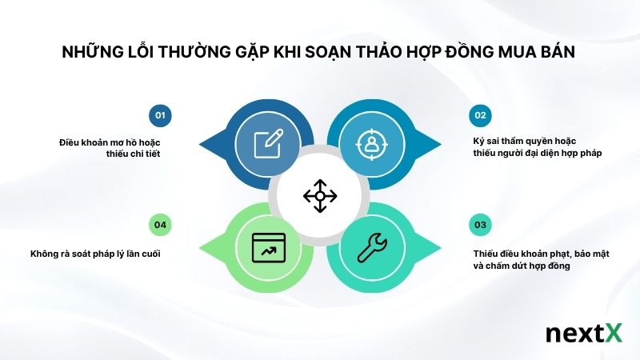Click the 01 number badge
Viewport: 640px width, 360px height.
click(x=160, y=115)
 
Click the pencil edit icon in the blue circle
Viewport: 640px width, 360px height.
click(x=269, y=144)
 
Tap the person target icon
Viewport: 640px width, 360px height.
click(x=372, y=144)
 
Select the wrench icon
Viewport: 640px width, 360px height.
click(x=372, y=247)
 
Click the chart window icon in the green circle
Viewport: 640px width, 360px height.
click(x=269, y=247)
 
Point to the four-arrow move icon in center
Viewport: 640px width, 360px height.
click(x=320, y=196)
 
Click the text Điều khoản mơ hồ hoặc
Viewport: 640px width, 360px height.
click(x=110, y=142)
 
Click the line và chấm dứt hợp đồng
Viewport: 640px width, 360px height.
click(x=521, y=266)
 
